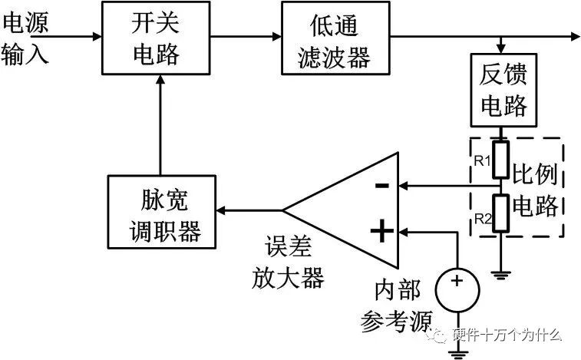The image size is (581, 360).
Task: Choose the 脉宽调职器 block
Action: [161, 210]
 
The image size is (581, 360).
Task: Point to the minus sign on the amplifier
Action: [381, 186]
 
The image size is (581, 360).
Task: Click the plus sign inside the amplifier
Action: [381, 230]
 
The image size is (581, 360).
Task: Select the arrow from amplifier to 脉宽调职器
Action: [249, 209]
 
